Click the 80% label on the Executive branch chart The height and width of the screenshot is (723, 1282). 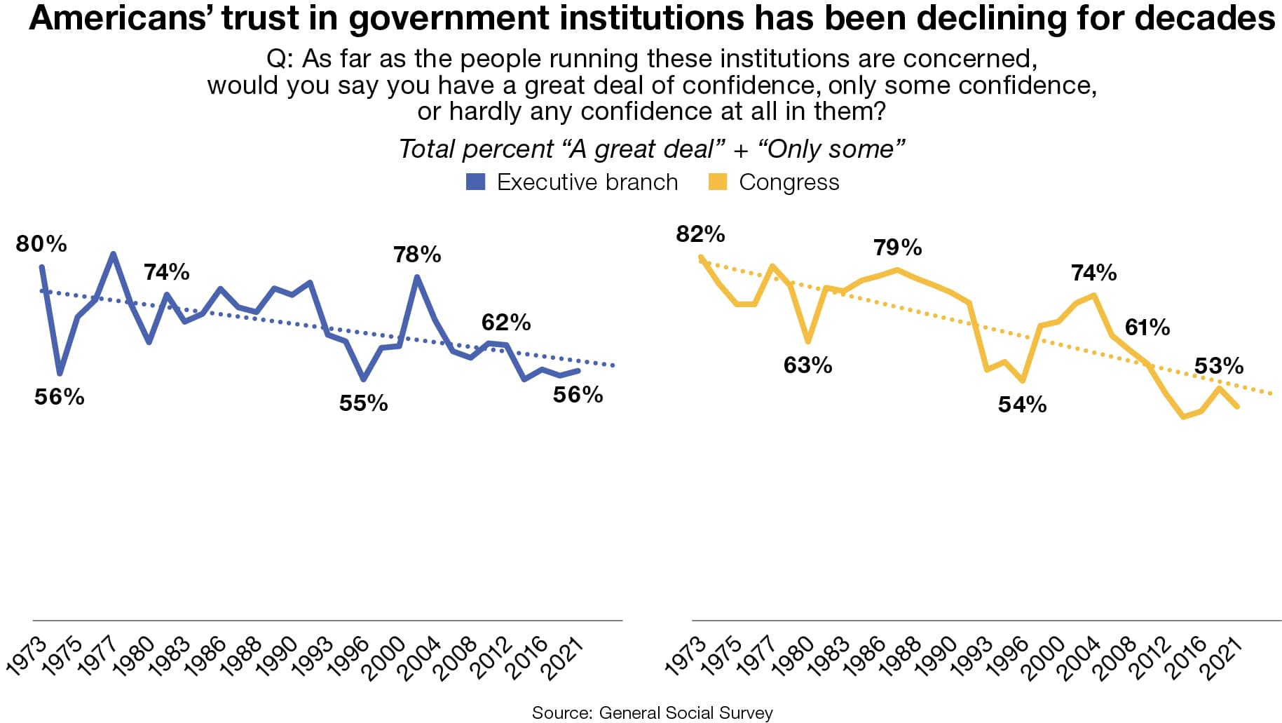pyautogui.click(x=41, y=244)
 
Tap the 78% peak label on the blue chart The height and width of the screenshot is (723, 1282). pyautogui.click(x=417, y=255)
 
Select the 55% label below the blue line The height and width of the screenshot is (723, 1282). pyautogui.click(x=363, y=403)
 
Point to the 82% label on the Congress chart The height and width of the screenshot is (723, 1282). pyautogui.click(x=700, y=234)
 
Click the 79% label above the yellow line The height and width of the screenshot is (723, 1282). pyautogui.click(x=897, y=248)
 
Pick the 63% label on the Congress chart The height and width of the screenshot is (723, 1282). pyautogui.click(x=807, y=365)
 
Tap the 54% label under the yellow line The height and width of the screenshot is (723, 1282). pyautogui.click(x=1022, y=405)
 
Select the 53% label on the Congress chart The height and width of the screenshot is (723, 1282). pyautogui.click(x=1219, y=366)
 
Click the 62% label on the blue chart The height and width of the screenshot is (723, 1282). pyautogui.click(x=506, y=323)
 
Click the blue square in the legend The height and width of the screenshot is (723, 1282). pyautogui.click(x=476, y=182)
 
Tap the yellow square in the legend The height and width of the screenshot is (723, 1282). pyautogui.click(x=718, y=182)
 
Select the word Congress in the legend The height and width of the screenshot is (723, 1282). pyautogui.click(x=789, y=182)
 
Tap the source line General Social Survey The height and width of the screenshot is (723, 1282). pyautogui.click(x=652, y=712)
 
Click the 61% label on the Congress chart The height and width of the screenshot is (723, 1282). pyautogui.click(x=1147, y=327)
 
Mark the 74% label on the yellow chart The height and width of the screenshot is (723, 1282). pyautogui.click(x=1093, y=273)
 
